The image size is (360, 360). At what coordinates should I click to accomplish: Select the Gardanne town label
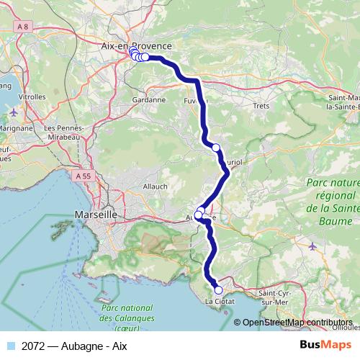pyautogui.click(x=150, y=99)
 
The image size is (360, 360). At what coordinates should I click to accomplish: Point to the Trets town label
pyautogui.click(x=261, y=106)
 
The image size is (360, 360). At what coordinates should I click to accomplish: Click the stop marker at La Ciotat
pyautogui.click(x=219, y=291)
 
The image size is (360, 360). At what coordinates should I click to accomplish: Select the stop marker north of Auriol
pyautogui.click(x=216, y=148)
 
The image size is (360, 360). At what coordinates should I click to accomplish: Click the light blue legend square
pyautogui.click(x=12, y=345)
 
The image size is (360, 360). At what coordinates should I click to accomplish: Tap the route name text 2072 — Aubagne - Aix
pyautogui.click(x=74, y=345)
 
